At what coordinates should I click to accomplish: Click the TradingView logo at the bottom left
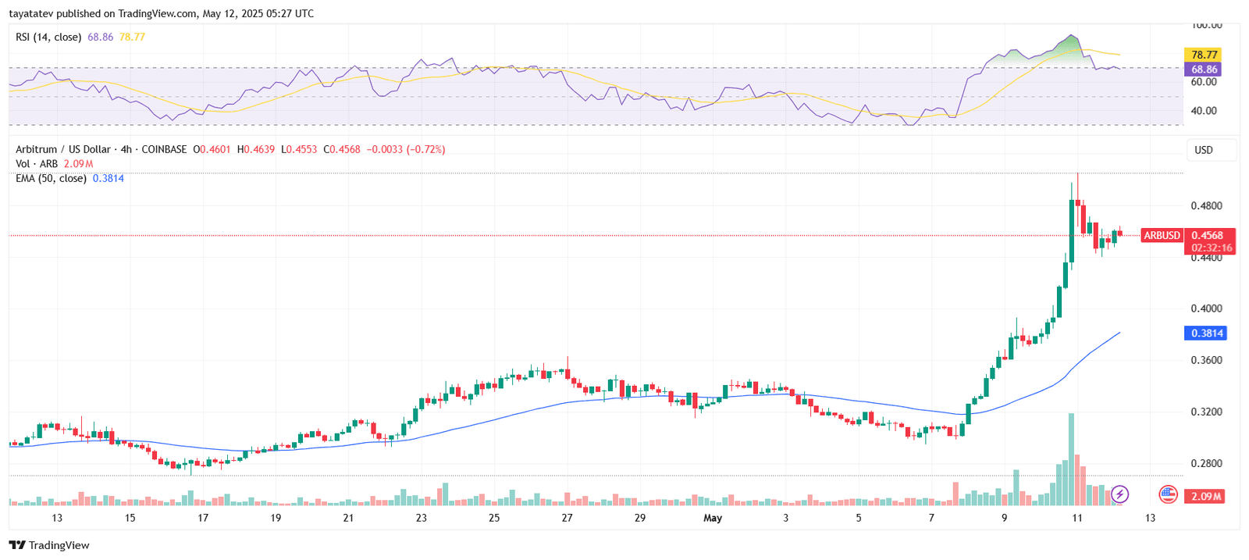(x=49, y=545)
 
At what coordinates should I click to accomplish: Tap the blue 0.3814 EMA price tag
(x=1206, y=333)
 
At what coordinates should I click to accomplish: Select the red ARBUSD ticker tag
(x=1162, y=235)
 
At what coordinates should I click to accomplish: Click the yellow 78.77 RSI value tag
(x=1204, y=55)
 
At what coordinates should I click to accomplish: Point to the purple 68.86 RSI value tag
(x=1204, y=70)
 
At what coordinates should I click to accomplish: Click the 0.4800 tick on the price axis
(x=1206, y=206)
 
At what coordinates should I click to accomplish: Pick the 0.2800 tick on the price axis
(x=1206, y=463)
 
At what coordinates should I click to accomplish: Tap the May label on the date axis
(x=713, y=518)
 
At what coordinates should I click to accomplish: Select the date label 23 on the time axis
(x=422, y=518)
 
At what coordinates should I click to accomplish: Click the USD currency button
(x=1204, y=150)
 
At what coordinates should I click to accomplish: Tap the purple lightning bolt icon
(x=1119, y=494)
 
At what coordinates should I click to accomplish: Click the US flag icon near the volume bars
(x=1168, y=494)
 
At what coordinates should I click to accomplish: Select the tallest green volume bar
(x=1071, y=461)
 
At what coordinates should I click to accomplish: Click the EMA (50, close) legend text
(x=51, y=178)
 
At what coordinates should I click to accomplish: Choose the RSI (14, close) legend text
(x=48, y=37)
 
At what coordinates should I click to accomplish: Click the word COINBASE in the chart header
(x=164, y=149)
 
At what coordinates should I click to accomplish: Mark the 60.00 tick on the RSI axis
(x=1204, y=82)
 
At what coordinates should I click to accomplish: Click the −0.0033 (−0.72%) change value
(x=406, y=149)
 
